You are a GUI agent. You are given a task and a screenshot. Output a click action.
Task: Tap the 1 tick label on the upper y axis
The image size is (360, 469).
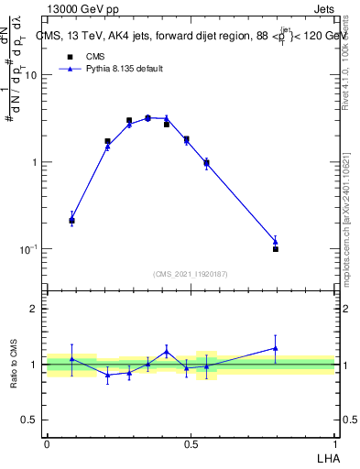tap(34, 162)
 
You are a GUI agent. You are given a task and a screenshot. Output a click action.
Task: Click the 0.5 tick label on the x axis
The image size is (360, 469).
tap(191, 442)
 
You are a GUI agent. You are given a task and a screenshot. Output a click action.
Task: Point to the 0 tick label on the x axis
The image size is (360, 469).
tap(47, 442)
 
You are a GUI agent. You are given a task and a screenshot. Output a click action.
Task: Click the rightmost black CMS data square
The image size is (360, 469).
tap(276, 249)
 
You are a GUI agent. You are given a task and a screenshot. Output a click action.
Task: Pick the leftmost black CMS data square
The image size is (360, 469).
tap(72, 221)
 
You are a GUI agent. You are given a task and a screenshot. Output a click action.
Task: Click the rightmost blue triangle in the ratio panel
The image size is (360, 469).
tap(276, 348)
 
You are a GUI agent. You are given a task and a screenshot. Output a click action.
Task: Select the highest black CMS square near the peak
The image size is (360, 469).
tap(147, 118)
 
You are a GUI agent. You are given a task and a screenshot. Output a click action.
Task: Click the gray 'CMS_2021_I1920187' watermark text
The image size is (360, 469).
tap(191, 274)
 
